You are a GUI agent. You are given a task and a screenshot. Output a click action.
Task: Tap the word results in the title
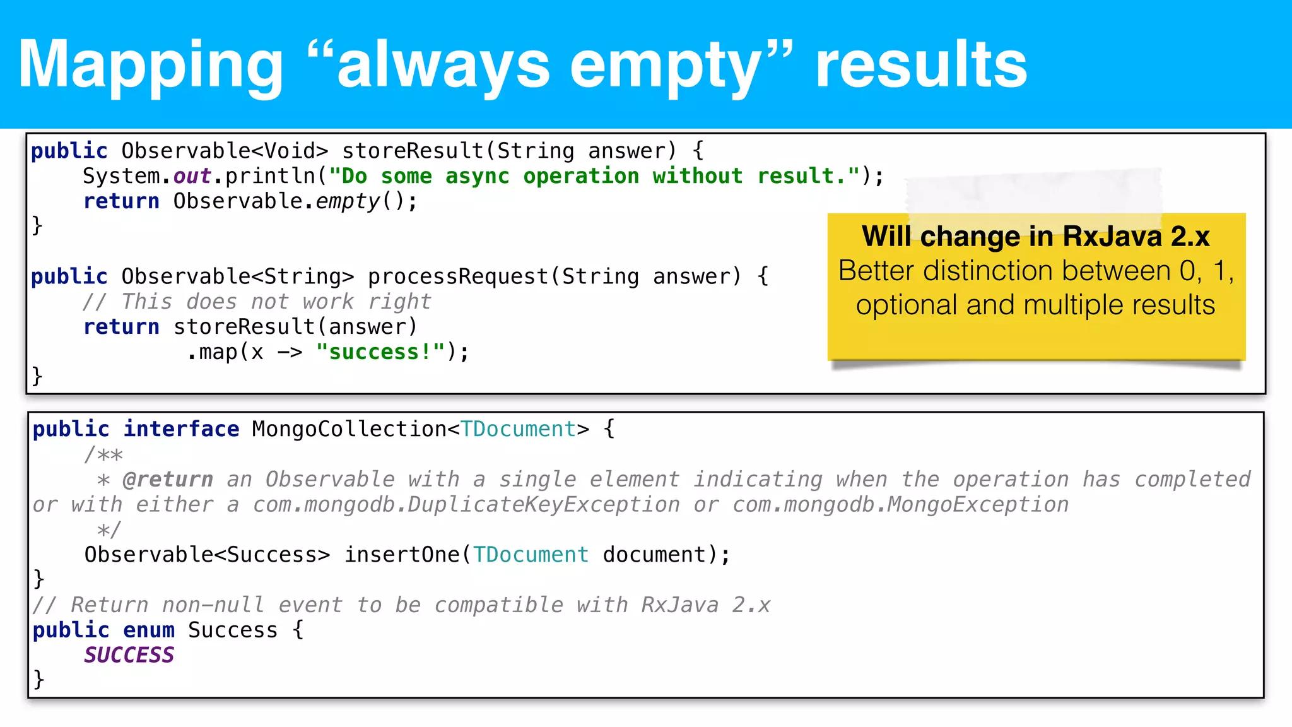[921, 64]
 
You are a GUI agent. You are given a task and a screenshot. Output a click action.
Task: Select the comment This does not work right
[257, 302]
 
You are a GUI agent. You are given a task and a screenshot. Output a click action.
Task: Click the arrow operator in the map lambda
[290, 352]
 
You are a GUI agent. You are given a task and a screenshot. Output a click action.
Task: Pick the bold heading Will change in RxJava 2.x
[1035, 237]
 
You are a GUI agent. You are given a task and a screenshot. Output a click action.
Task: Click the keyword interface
[181, 429]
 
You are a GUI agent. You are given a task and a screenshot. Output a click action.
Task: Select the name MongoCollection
[349, 429]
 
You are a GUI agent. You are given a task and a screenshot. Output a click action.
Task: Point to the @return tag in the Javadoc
[167, 480]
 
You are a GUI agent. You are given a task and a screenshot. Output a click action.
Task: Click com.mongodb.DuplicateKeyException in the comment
[466, 505]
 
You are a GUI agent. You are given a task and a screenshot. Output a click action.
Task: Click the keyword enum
[148, 630]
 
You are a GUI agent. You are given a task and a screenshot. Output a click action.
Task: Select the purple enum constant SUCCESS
[129, 655]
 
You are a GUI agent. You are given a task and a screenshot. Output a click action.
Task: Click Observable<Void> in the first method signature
[225, 151]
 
